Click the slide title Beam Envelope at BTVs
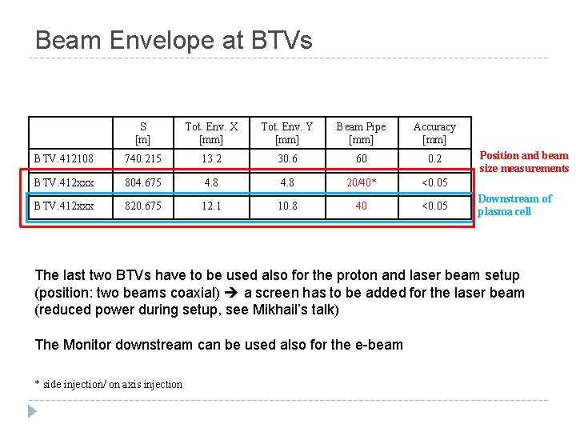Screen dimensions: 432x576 pyautogui.click(x=174, y=40)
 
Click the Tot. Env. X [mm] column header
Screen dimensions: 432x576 pyautogui.click(x=211, y=133)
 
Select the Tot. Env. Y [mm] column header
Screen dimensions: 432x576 pyautogui.click(x=286, y=133)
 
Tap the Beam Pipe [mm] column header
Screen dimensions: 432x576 pyautogui.click(x=361, y=133)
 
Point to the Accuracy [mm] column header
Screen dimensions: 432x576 pyautogui.click(x=434, y=133)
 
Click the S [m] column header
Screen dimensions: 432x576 pyautogui.click(x=142, y=133)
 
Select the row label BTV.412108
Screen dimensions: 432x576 pyautogui.click(x=63, y=158)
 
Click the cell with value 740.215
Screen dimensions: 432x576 pyautogui.click(x=142, y=158)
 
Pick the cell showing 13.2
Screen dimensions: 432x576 pyautogui.click(x=211, y=158)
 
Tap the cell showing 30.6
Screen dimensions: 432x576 pyautogui.click(x=286, y=158)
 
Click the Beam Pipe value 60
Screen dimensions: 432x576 pyautogui.click(x=361, y=158)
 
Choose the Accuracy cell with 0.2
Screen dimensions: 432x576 pyautogui.click(x=434, y=158)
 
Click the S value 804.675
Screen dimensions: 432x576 pyautogui.click(x=142, y=182)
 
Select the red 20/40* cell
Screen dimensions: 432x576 pyautogui.click(x=361, y=182)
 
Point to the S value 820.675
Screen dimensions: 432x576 pyautogui.click(x=142, y=206)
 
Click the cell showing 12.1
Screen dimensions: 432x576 pyautogui.click(x=211, y=206)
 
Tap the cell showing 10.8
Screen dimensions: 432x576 pyautogui.click(x=286, y=206)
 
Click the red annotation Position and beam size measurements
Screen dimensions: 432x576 pyautogui.click(x=524, y=162)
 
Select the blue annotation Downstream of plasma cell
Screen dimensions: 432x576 pyautogui.click(x=514, y=205)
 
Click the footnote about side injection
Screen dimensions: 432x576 pyautogui.click(x=109, y=384)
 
